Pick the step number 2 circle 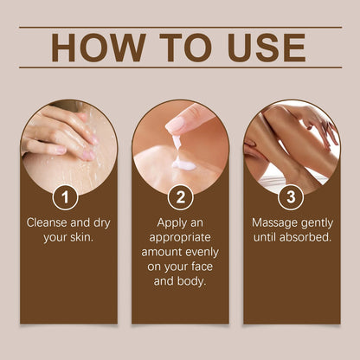180,197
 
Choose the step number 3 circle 291,197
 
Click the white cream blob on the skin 184,162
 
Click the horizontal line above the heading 180,28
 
